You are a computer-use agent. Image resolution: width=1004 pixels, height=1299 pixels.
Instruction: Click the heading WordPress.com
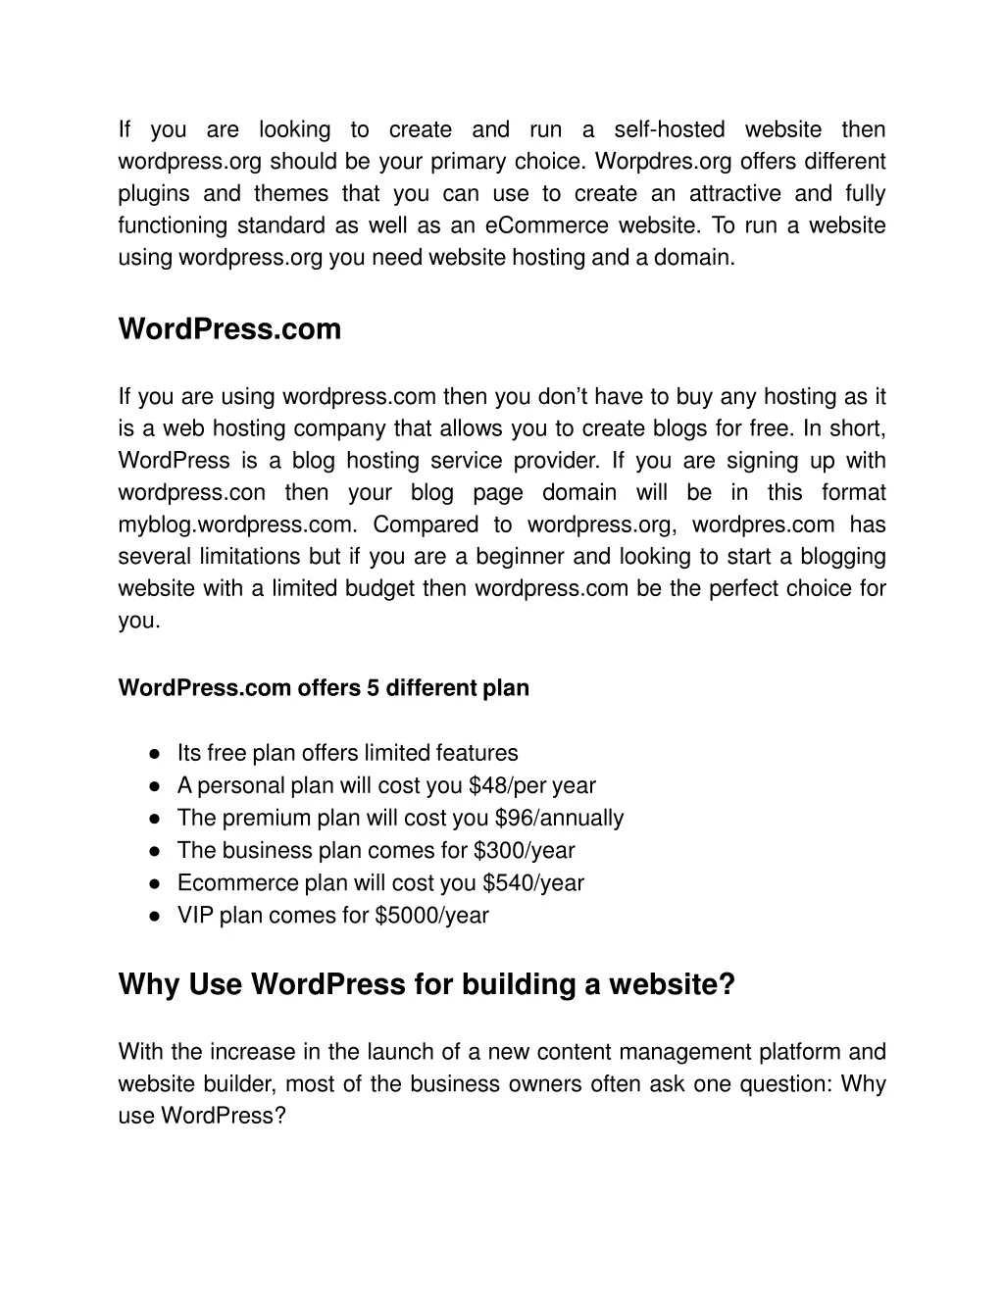(x=229, y=329)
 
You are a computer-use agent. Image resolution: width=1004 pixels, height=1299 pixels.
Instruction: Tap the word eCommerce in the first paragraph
(x=546, y=225)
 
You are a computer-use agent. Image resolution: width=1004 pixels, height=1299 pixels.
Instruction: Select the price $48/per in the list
(x=507, y=786)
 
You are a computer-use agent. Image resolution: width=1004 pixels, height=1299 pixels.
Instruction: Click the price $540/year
(x=533, y=883)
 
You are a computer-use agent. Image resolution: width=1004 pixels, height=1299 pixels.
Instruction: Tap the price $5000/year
(x=431, y=916)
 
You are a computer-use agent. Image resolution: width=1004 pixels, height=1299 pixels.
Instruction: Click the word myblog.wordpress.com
(x=238, y=525)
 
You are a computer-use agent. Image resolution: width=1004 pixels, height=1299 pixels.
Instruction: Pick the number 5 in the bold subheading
(x=374, y=688)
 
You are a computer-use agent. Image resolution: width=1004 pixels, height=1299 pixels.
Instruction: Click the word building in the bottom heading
(x=514, y=984)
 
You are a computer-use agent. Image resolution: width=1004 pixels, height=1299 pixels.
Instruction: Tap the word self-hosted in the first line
(x=670, y=129)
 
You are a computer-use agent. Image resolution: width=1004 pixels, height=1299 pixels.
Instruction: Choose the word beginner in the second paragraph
(x=524, y=557)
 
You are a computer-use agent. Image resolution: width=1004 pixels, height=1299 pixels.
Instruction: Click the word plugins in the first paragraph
(x=150, y=193)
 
